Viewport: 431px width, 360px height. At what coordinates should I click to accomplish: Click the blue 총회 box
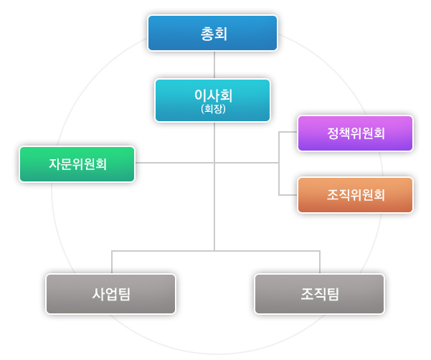pyautogui.click(x=213, y=33)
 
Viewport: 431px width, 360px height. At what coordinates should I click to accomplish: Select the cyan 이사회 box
pyautogui.click(x=212, y=100)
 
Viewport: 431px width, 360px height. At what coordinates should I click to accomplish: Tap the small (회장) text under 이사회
pyautogui.click(x=212, y=110)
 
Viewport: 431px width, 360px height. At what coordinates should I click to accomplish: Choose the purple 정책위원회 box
pyautogui.click(x=355, y=133)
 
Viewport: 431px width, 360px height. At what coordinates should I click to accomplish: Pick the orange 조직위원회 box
pyautogui.click(x=355, y=194)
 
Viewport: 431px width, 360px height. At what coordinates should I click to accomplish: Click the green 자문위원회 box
pyautogui.click(x=77, y=164)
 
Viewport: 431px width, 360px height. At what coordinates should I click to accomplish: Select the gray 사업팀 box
pyautogui.click(x=110, y=293)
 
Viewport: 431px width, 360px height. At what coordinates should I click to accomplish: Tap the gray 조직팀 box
pyautogui.click(x=319, y=293)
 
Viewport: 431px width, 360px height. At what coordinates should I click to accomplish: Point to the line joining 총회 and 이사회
pyautogui.click(x=214, y=65)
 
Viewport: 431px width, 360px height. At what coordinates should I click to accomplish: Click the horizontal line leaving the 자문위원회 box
pyautogui.click(x=172, y=163)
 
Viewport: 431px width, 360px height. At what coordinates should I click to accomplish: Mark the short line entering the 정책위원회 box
pyautogui.click(x=288, y=133)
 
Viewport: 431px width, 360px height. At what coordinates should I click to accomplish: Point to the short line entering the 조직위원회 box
pyautogui.click(x=288, y=194)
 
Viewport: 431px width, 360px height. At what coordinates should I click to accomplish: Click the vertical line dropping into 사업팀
pyautogui.click(x=111, y=262)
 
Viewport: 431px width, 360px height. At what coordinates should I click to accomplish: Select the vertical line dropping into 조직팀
pyautogui.click(x=320, y=262)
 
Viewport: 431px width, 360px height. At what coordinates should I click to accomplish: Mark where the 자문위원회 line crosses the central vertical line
pyautogui.click(x=214, y=163)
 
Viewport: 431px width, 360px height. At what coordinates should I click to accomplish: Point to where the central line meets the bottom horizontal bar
pyautogui.click(x=214, y=250)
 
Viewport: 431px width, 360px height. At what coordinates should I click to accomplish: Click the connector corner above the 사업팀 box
pyautogui.click(x=111, y=250)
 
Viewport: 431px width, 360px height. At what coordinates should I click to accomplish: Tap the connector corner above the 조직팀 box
pyautogui.click(x=320, y=250)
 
